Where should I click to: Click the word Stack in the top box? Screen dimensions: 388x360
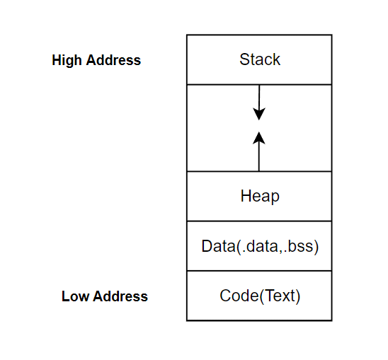[260, 59]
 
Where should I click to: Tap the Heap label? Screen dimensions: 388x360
[260, 197]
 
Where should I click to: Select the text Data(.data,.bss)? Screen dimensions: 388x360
[260, 246]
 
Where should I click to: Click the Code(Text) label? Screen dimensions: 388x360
[260, 296]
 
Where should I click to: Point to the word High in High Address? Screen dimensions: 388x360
[67, 61]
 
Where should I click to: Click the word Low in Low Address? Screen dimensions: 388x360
[75, 296]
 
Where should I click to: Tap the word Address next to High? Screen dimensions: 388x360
[113, 60]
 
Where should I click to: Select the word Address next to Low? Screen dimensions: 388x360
[120, 296]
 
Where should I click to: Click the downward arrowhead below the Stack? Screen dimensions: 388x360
[259, 114]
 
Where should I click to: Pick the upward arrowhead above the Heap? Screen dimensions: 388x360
[259, 138]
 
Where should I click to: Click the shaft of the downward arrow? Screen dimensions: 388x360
[259, 98]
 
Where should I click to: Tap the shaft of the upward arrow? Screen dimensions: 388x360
[259, 156]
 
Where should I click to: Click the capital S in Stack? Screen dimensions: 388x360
[244, 59]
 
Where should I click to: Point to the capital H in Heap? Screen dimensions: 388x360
[246, 196]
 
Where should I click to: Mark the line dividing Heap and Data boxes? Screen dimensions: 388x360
[259, 221]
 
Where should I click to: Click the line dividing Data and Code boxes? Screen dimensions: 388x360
[259, 271]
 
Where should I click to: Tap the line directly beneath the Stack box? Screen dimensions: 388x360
[259, 85]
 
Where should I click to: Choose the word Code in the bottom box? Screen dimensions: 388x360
[240, 296]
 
